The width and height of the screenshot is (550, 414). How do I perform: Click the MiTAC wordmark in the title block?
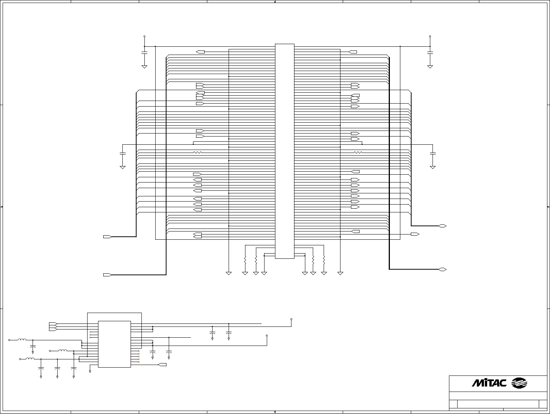(x=489, y=383)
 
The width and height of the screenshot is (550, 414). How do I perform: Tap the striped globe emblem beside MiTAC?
(x=519, y=383)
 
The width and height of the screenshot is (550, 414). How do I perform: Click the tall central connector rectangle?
(x=285, y=151)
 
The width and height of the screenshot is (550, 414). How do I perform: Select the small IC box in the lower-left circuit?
(x=114, y=344)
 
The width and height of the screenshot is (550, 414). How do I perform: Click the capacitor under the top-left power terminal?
(x=144, y=53)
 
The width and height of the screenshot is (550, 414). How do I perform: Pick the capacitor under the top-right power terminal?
(x=430, y=53)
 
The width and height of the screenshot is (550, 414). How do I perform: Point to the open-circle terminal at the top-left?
(x=144, y=36)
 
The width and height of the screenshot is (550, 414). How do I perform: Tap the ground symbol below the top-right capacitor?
(x=430, y=67)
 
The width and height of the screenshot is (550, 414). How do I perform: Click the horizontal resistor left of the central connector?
(x=198, y=152)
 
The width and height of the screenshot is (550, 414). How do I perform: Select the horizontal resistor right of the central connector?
(x=358, y=152)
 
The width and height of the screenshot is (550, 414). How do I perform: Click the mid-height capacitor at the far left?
(x=122, y=153)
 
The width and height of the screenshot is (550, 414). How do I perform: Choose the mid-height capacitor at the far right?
(x=433, y=153)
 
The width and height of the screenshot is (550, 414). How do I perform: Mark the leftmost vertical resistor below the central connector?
(x=245, y=260)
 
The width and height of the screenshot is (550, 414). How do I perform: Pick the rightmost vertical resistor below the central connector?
(x=324, y=260)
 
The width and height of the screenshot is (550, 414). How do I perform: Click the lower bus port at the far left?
(x=107, y=275)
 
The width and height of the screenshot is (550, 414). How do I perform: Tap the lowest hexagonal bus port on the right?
(x=443, y=270)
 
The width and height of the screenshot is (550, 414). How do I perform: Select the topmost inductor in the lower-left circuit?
(x=22, y=340)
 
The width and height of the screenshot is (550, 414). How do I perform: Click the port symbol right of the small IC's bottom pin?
(x=162, y=365)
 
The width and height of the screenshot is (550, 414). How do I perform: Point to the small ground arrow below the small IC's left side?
(x=90, y=372)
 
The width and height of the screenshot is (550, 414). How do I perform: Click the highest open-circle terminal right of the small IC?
(x=291, y=319)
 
